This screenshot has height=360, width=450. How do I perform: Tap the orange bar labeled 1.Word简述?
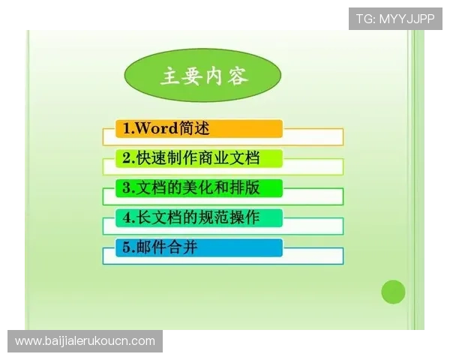[199, 128]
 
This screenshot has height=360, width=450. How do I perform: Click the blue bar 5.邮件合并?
[199, 247]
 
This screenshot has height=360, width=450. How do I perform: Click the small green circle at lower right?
[393, 292]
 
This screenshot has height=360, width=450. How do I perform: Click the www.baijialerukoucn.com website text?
[85, 341]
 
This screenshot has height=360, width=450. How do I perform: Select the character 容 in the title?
[238, 76]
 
